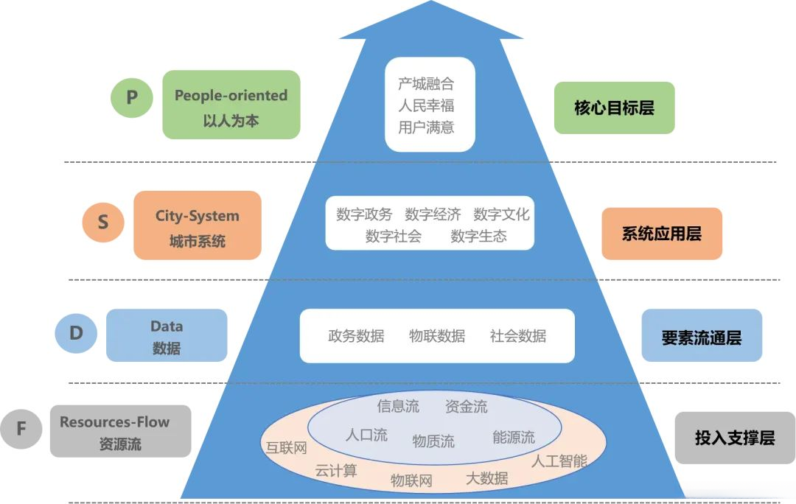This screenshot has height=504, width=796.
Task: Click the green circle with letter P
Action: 131,97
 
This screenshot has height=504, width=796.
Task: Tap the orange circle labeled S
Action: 103,221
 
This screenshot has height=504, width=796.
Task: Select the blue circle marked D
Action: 76,333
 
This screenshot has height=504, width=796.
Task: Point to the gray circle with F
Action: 21,427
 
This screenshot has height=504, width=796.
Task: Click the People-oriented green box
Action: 231,105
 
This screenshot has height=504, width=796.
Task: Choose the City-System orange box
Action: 197,225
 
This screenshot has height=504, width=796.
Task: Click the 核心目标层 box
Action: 614,108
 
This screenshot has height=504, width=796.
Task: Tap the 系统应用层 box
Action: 661,234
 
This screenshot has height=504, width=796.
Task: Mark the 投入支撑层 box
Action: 734,438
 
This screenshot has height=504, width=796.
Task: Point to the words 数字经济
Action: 433,214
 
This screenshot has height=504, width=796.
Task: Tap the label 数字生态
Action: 478,237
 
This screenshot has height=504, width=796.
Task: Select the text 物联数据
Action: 437,336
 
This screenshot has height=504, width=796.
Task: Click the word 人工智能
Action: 559,461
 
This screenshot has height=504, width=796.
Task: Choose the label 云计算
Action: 336,470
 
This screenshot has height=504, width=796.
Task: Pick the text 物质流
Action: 433,441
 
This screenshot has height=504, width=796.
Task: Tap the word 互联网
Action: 286,448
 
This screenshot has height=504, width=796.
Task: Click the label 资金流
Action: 466,406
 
